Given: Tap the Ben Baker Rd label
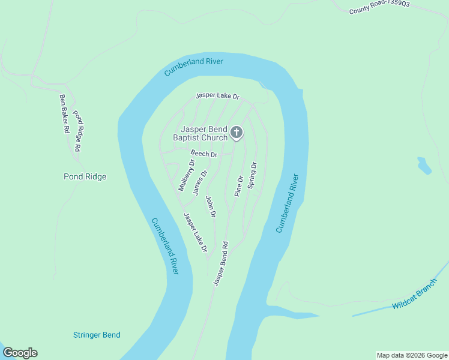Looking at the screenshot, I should (64, 113).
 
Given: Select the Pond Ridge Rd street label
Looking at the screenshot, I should (77, 130).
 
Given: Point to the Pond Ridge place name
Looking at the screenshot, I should (85, 176).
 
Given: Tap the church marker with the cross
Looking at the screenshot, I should (237, 133).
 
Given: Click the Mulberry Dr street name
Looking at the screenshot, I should (187, 175).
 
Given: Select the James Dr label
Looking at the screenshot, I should (199, 182).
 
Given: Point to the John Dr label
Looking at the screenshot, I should (211, 206).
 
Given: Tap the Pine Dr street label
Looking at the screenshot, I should (238, 186).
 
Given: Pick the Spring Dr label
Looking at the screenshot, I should (252, 175).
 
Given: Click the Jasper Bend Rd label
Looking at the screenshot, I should (221, 263).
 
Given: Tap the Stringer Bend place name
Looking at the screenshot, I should (97, 335).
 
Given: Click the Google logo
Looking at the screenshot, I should (20, 353).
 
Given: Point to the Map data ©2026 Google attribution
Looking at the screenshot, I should (412, 355).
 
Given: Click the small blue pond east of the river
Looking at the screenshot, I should (424, 166).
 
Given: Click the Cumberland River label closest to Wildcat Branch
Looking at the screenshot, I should (287, 204).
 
